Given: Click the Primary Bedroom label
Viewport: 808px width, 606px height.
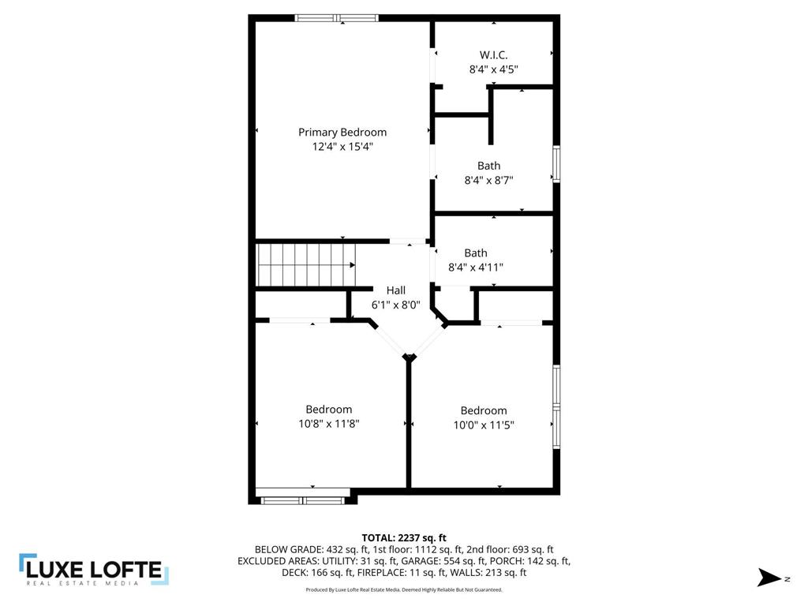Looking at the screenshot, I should (342, 133).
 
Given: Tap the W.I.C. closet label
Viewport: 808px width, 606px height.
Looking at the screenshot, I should (493, 55).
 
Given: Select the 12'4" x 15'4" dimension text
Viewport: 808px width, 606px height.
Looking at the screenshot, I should (342, 147).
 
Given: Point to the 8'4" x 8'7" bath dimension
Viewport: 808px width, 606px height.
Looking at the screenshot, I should (488, 180).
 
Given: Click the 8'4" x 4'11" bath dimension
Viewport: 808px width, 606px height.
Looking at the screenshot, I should (476, 267).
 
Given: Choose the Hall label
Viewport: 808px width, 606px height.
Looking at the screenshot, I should (395, 290).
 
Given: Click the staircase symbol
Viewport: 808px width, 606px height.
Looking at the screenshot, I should (306, 265).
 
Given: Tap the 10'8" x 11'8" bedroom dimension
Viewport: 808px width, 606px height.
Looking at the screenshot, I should (329, 424).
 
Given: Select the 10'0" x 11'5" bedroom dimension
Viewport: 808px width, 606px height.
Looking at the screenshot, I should (484, 425).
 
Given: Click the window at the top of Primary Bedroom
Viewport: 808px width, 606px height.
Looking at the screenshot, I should (337, 18).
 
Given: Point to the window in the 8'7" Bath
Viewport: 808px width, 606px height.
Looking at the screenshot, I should (556, 164).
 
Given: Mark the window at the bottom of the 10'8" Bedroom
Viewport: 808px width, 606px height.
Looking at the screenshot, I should (305, 499).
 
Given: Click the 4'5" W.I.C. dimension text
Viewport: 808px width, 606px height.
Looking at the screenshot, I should (505, 69).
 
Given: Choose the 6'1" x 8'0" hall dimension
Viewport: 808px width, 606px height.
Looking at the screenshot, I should (395, 305).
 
